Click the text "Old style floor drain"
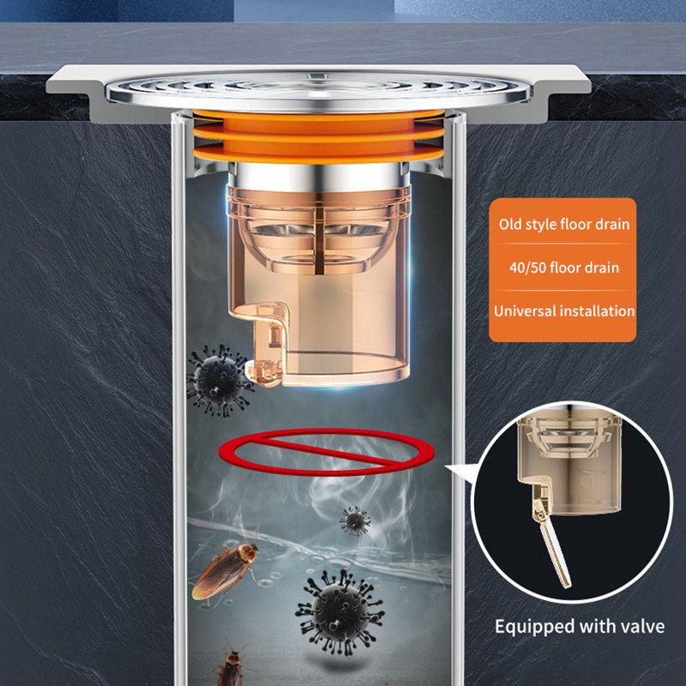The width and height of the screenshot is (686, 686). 563,225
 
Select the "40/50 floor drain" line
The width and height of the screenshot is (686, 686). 564,268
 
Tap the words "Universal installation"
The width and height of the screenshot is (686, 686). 564,311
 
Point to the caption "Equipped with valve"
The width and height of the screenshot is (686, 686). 580,627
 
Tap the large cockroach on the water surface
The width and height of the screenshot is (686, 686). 226,569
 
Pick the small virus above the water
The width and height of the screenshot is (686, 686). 355,521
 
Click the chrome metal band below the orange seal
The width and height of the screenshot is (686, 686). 318,176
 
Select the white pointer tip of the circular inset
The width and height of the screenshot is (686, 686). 446,466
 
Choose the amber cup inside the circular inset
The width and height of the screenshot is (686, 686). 569,464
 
